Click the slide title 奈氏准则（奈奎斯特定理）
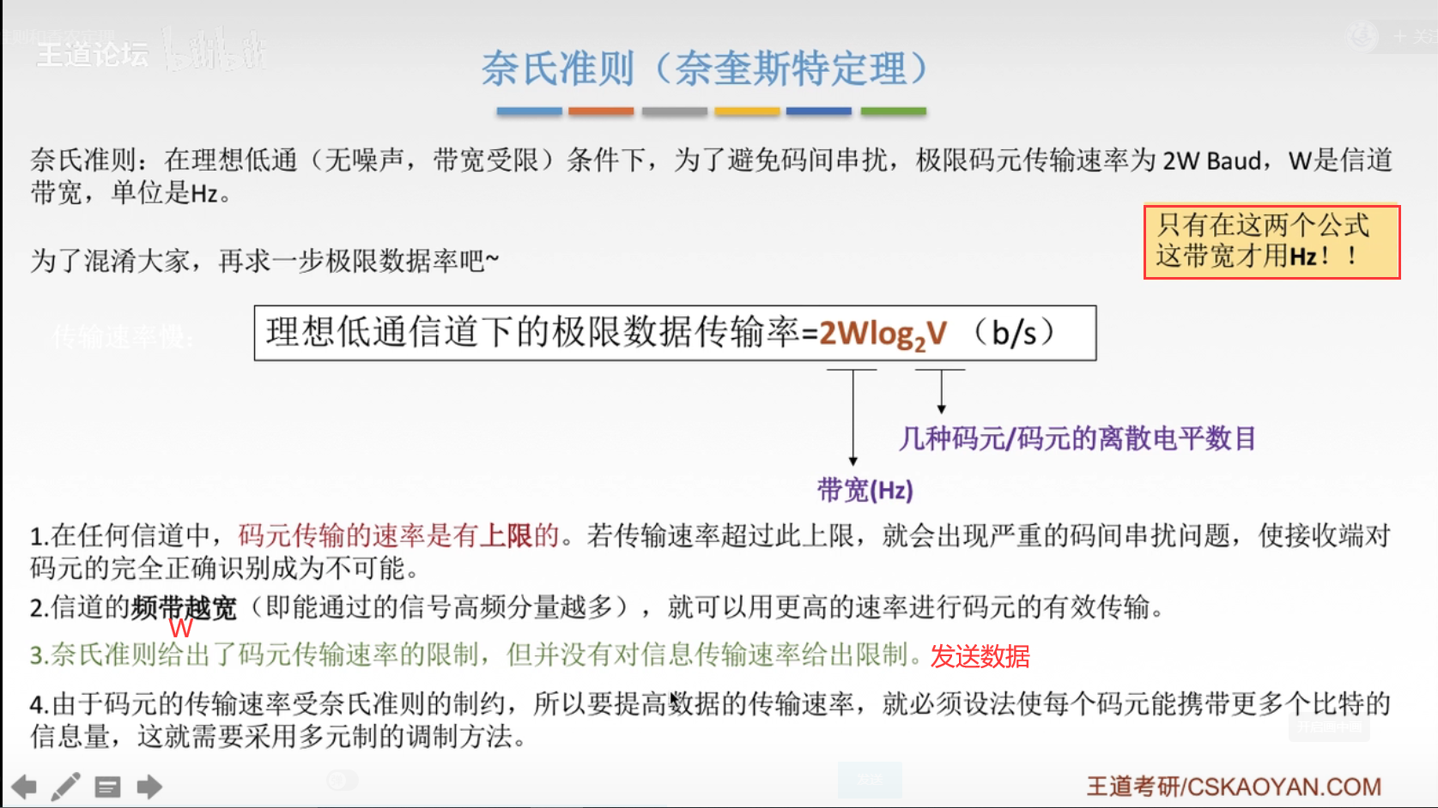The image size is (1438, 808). (704, 69)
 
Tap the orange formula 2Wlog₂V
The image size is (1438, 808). (883, 333)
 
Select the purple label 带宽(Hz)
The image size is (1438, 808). (865, 490)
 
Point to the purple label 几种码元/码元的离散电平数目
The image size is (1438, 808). (1077, 438)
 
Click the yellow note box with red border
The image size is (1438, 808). (1271, 242)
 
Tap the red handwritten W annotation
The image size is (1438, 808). (181, 628)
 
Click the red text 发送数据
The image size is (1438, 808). (980, 656)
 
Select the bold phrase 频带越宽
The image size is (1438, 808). (184, 607)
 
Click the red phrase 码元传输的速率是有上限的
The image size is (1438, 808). (398, 535)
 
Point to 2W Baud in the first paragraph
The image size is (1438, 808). (1212, 160)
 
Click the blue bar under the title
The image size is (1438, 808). (529, 112)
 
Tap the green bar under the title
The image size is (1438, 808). (893, 112)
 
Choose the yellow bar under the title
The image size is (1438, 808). (747, 112)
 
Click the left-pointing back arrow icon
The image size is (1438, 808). (24, 787)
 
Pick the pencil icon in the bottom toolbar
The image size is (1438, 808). (65, 787)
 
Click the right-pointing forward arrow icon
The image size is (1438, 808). (149, 787)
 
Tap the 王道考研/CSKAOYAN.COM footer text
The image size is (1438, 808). (1234, 787)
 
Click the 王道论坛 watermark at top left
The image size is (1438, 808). (93, 55)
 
